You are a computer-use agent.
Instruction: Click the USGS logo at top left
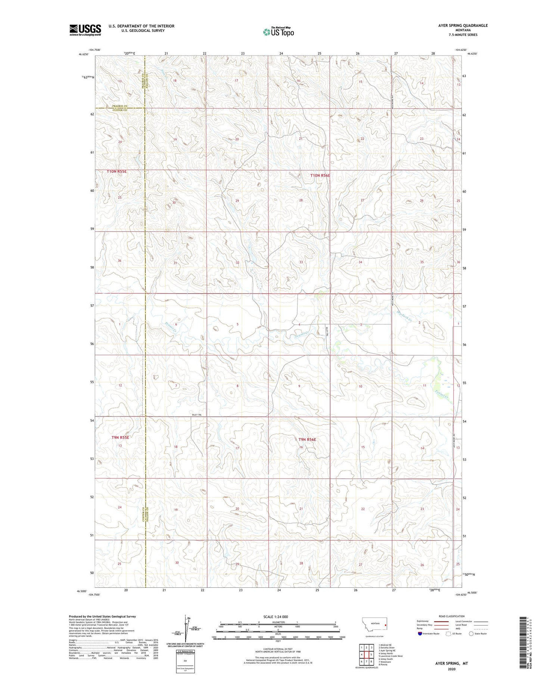[x=85, y=30]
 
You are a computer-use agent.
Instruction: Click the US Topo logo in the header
[x=278, y=32]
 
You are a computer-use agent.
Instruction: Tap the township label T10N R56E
[x=320, y=175]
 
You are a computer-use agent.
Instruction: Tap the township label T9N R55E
[x=120, y=437]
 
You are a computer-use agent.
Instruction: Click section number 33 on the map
[x=301, y=262]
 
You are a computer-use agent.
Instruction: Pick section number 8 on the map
[x=237, y=386]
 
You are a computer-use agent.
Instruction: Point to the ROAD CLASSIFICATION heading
[x=452, y=616]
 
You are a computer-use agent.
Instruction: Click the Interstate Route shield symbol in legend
[x=420, y=633]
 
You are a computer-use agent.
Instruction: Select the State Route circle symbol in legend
[x=472, y=633]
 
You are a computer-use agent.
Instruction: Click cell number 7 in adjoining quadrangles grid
[x=366, y=661]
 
